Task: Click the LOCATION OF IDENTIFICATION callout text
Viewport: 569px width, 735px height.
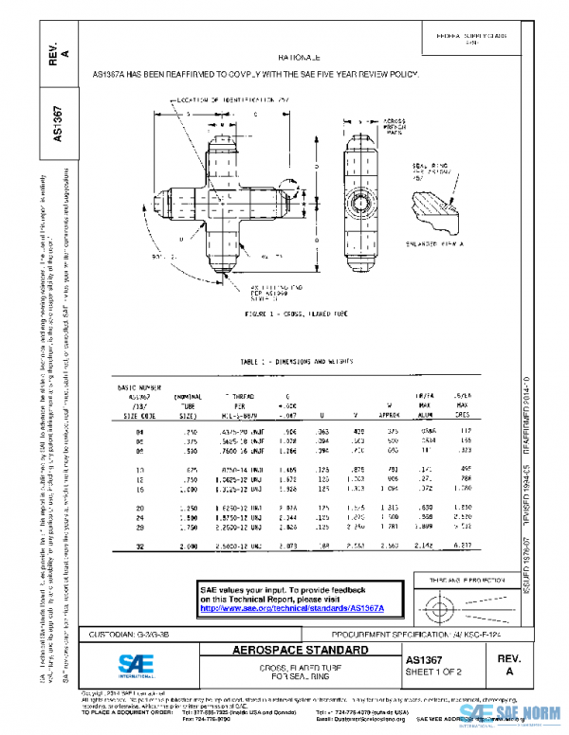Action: coord(227,97)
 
